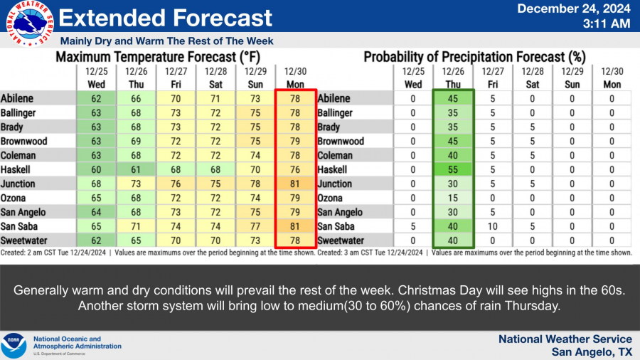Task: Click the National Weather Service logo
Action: [x=30, y=23]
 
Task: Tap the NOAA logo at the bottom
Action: [x=14, y=345]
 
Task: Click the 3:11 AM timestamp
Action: [x=607, y=23]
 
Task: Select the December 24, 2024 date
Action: [x=574, y=9]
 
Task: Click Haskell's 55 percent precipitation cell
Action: [x=453, y=169]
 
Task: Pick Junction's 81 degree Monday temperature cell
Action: [x=295, y=184]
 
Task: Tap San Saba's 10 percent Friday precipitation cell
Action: [x=493, y=226]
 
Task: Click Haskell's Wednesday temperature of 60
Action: [x=96, y=169]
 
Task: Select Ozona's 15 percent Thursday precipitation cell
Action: [x=453, y=198]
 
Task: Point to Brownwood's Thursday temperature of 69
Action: [x=136, y=141]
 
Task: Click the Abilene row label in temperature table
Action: [x=17, y=98]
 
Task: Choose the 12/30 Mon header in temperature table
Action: [x=295, y=78]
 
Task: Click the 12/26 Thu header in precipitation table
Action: [x=453, y=78]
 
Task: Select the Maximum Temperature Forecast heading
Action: [x=158, y=57]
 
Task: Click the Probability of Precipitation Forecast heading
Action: [x=475, y=57]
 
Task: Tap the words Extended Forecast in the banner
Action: [x=165, y=18]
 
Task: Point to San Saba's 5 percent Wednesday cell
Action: [x=413, y=226]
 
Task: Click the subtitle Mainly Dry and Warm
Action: [x=166, y=41]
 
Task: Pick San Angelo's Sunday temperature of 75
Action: [x=255, y=212]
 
